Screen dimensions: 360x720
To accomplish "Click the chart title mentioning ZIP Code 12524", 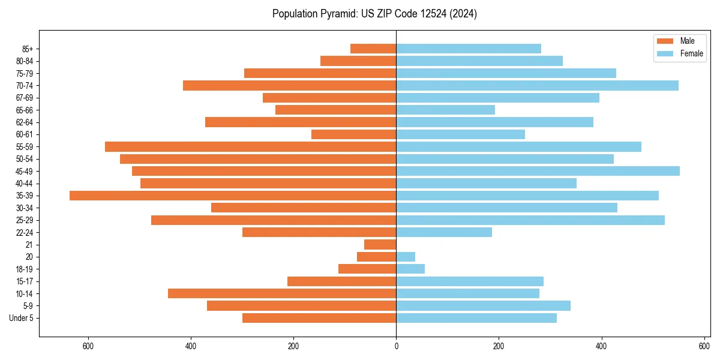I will [374, 14].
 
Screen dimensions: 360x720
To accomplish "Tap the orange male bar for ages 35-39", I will [233, 196].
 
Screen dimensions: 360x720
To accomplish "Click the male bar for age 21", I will [380, 245].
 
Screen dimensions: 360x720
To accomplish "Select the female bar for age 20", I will [406, 257].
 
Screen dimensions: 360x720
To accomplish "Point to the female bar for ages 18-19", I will [410, 269].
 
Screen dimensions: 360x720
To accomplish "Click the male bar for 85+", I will [373, 49].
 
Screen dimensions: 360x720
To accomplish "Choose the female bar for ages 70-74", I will [537, 85].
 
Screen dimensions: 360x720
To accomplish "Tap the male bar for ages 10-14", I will [282, 293].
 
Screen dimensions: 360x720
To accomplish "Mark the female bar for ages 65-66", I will [445, 110].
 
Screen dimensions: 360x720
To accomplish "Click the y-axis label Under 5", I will [22, 318].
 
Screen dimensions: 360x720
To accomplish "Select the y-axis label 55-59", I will [25, 147].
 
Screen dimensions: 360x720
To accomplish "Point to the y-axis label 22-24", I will [25, 232].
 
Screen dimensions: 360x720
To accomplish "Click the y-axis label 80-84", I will [25, 61].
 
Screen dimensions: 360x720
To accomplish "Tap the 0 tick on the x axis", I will [396, 346].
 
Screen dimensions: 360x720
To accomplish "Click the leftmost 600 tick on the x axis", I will [88, 346].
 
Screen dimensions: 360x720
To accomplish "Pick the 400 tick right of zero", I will [601, 346].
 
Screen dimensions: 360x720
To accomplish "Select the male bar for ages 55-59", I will [250, 147].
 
